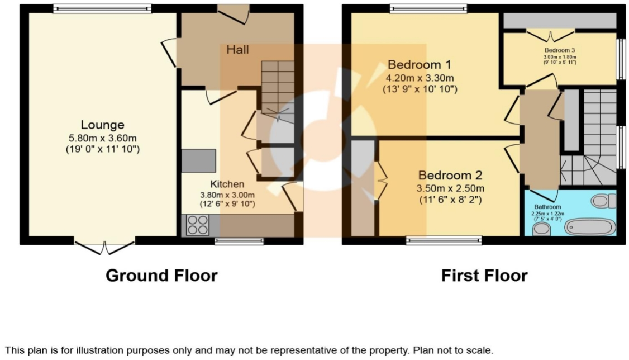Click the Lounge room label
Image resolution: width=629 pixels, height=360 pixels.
point(102,125)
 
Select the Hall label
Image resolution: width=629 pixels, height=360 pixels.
point(237,50)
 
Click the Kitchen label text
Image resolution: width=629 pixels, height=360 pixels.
point(227,184)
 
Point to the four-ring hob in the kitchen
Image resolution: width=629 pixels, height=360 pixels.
point(197,225)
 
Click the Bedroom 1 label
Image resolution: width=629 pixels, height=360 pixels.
point(420,64)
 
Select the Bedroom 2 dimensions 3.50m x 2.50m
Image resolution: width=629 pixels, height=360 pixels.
point(451,187)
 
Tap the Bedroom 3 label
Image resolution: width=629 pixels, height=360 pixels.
point(559,50)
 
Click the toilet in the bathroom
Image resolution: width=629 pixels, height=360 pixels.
point(603,200)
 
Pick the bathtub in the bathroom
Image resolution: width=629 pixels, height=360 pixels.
point(589,227)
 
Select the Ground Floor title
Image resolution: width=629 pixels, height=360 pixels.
point(161,276)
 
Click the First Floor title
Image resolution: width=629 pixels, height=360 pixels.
point(484,276)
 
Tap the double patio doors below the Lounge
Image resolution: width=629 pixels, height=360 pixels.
point(104,246)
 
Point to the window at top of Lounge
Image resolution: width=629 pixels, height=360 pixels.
point(102,8)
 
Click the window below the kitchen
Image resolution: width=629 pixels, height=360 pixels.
point(239,241)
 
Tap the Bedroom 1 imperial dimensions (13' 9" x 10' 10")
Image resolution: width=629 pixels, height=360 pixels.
point(420,89)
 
